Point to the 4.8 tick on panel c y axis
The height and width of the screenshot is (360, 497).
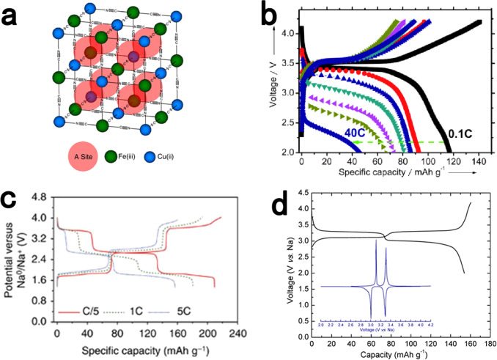tap(40, 198)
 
